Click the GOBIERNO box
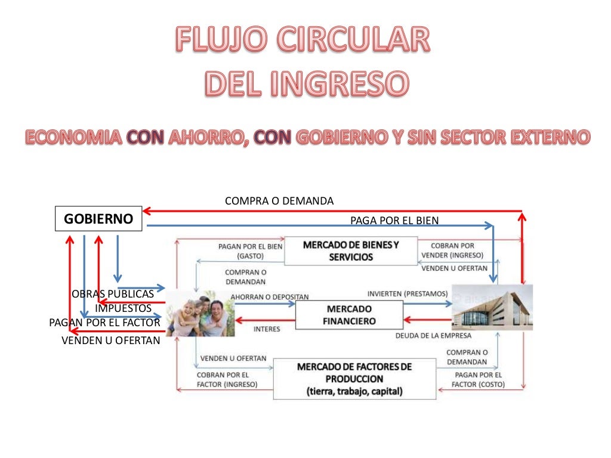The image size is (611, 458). click(x=98, y=219)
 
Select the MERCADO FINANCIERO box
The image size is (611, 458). click(x=350, y=315)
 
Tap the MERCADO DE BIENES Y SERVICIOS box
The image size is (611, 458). click(x=350, y=251)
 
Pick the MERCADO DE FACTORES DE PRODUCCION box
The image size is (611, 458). click(x=354, y=379)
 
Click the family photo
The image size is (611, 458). click(x=200, y=314)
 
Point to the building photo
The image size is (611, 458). click(x=492, y=308)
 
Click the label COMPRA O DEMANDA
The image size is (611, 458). click(x=279, y=201)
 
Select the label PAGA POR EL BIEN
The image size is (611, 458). click(x=394, y=221)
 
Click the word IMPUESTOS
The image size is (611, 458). click(x=123, y=308)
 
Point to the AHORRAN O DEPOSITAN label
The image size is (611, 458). click(x=269, y=296)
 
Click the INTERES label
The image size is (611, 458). click(x=267, y=329)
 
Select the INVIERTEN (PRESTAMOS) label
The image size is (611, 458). click(x=407, y=293)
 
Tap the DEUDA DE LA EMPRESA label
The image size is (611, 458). click(x=433, y=336)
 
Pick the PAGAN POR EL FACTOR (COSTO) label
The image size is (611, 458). click(x=477, y=380)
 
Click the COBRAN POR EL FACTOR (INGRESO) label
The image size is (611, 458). click(x=227, y=380)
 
